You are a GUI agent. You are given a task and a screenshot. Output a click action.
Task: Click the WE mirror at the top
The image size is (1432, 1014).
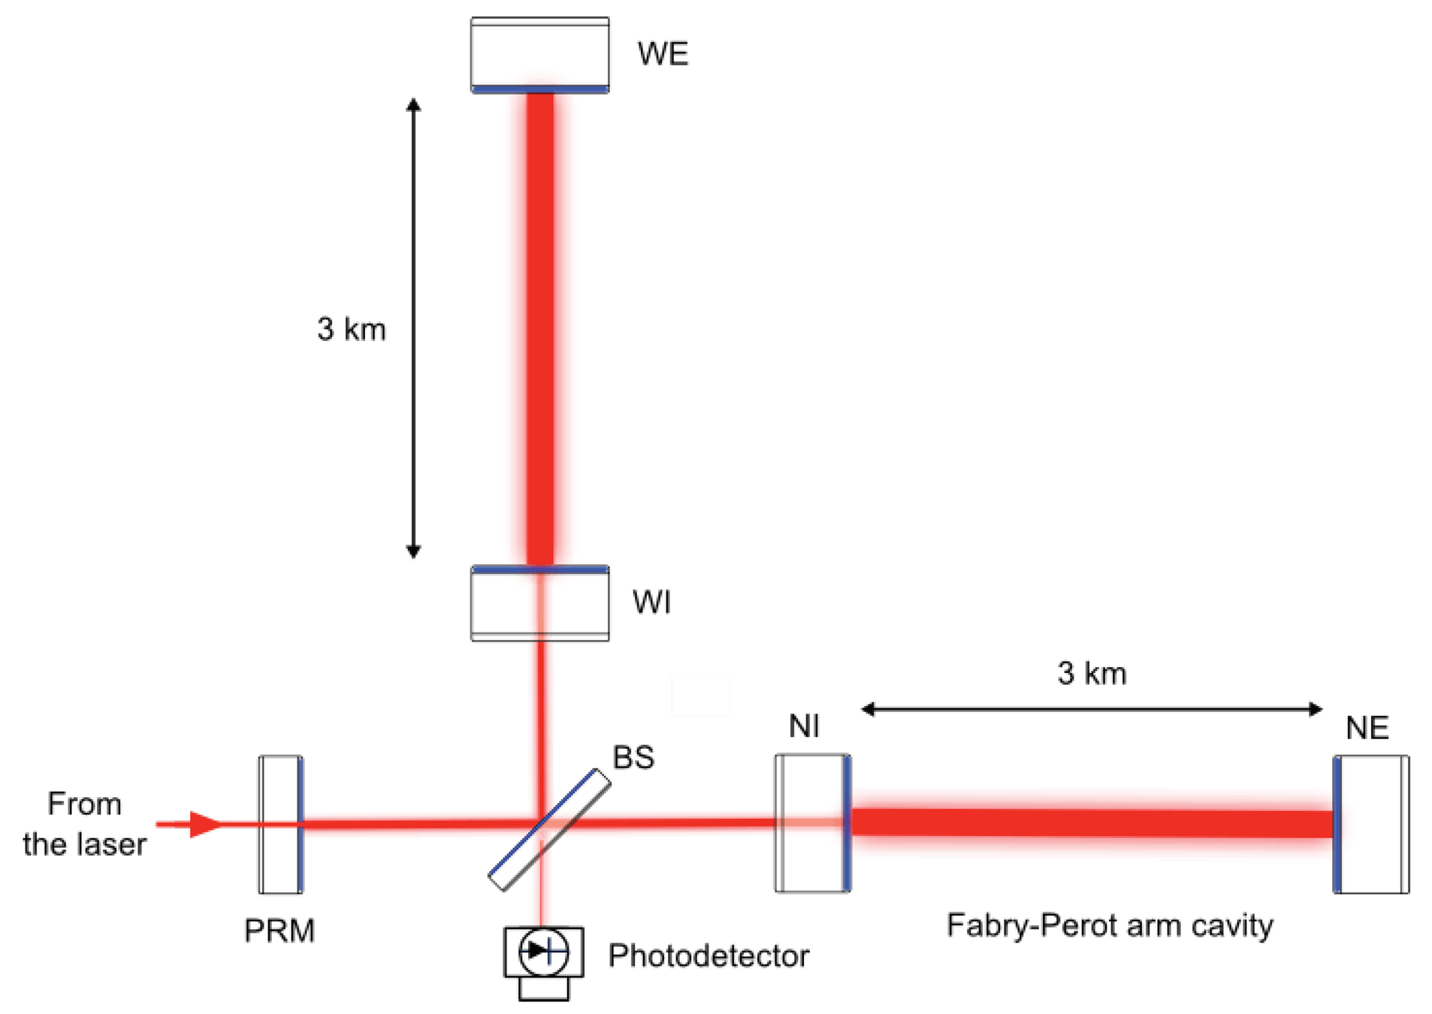tap(539, 55)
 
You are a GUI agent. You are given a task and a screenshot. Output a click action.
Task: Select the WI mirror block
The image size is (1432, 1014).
tap(539, 603)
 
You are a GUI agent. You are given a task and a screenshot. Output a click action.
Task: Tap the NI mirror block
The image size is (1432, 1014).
tap(812, 823)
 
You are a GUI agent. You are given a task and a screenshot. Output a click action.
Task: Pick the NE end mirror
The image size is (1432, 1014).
tap(1370, 824)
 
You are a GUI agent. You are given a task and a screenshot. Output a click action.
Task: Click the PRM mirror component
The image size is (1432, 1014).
tap(280, 824)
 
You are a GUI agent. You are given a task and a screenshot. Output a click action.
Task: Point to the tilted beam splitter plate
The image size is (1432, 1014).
tap(549, 829)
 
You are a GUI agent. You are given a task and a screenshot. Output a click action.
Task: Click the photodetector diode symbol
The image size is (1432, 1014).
tap(543, 952)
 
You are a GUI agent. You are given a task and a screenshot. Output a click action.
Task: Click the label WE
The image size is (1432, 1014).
tap(663, 54)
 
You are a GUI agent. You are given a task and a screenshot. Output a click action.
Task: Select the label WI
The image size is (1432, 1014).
tap(651, 602)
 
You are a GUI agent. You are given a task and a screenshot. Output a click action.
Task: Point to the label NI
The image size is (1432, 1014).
tap(804, 726)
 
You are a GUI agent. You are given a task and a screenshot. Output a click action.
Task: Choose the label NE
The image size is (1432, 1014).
tap(1367, 728)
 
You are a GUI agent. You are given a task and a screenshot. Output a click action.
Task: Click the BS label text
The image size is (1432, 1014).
tap(633, 757)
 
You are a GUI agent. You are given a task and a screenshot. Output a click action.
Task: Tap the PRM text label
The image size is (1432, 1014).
tap(279, 931)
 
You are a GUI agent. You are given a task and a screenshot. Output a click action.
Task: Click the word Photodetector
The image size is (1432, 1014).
tap(708, 955)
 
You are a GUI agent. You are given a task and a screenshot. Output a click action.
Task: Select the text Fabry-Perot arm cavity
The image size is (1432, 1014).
tap(1110, 925)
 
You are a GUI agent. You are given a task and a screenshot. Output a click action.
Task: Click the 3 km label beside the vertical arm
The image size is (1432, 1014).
tap(351, 329)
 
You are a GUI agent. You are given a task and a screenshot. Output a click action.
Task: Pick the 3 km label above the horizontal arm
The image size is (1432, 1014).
tap(1092, 673)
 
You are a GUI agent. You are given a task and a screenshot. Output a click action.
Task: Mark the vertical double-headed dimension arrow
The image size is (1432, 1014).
tap(413, 328)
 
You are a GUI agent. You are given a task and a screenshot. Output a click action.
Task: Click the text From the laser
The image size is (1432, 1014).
tap(84, 824)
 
